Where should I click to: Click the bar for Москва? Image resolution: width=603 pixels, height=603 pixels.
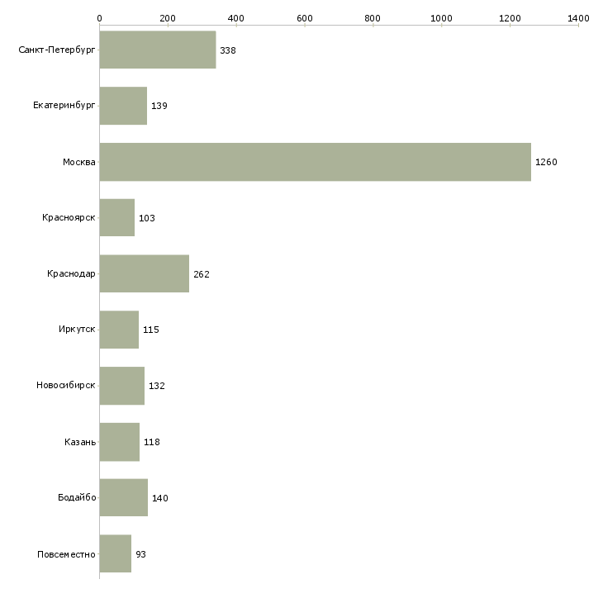[x=315, y=162]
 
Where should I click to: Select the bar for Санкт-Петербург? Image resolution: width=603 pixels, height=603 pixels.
[x=157, y=50]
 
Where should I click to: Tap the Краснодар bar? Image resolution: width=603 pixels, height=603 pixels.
[x=144, y=274]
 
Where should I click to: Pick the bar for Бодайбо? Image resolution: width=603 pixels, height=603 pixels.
[x=123, y=498]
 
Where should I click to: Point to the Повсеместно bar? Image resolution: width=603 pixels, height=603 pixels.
[x=115, y=554]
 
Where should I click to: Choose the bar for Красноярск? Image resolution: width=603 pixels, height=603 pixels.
[x=116, y=218]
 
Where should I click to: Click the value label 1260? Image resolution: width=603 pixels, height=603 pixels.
[x=546, y=162]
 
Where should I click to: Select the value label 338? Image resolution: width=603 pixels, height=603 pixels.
[x=228, y=50]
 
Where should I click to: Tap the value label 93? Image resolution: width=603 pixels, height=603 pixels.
[x=140, y=554]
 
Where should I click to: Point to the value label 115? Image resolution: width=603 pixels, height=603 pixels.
[x=150, y=330]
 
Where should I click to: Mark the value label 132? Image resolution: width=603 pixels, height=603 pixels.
[x=156, y=386]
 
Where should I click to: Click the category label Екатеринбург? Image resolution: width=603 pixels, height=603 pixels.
[x=64, y=106]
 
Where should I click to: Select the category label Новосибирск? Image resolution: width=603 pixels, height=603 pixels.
[x=66, y=386]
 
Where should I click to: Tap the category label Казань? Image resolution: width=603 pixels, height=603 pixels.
[x=80, y=442]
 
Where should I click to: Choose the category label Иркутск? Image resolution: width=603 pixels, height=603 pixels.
[x=77, y=330]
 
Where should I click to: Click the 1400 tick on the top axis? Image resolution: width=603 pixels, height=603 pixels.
[x=578, y=17]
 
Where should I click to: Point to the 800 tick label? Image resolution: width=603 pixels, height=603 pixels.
[x=373, y=17]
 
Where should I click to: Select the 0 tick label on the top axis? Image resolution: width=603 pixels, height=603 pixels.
[x=99, y=17]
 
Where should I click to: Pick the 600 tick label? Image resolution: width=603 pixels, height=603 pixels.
[x=304, y=17]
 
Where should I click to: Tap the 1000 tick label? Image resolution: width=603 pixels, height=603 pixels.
[x=441, y=17]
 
